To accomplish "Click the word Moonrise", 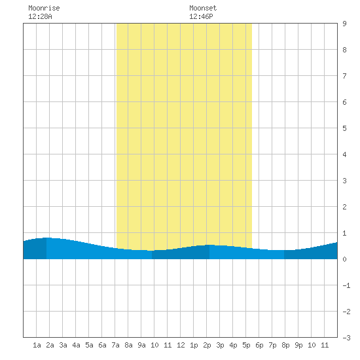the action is [x=44, y=8].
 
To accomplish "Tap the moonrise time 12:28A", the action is [x=40, y=16].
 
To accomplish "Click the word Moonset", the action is [x=203, y=8].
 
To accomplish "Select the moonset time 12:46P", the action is [x=201, y=16].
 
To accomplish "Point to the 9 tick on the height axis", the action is [x=344, y=24].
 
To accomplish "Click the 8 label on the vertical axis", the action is [x=344, y=50].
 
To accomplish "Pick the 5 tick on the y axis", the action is [x=344, y=128].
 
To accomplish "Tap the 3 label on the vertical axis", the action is [x=344, y=181].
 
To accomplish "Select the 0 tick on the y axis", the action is [x=344, y=259].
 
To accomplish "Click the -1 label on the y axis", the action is [x=346, y=285].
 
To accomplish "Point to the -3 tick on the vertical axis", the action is [x=346, y=338].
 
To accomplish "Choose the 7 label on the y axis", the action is [x=344, y=76].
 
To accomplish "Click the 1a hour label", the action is [x=37, y=345].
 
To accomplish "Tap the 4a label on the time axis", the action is [x=76, y=345].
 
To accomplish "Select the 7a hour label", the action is [x=115, y=345].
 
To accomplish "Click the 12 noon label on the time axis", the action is [x=181, y=345].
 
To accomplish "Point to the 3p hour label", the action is [x=220, y=345].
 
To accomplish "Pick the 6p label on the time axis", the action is [x=259, y=345].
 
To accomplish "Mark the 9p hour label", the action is [x=298, y=345].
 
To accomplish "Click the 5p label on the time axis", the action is [x=246, y=345].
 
